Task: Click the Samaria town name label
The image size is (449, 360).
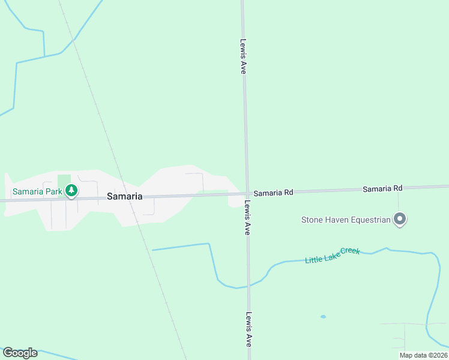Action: coord(124,196)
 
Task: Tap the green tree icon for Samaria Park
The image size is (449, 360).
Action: coord(72,191)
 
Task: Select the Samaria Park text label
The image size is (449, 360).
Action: coord(37,192)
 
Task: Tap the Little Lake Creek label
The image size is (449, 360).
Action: coord(332,256)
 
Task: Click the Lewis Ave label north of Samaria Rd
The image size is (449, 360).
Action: coord(243,56)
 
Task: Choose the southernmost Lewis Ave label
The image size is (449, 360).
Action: coord(248,329)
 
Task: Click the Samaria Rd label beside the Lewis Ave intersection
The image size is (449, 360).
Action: coord(273,193)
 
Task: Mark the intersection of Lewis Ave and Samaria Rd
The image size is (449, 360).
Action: coord(246,193)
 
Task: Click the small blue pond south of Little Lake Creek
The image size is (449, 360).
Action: coord(323,316)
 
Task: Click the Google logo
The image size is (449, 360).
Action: coord(20,353)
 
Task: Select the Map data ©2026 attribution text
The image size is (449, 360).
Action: coord(424,355)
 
